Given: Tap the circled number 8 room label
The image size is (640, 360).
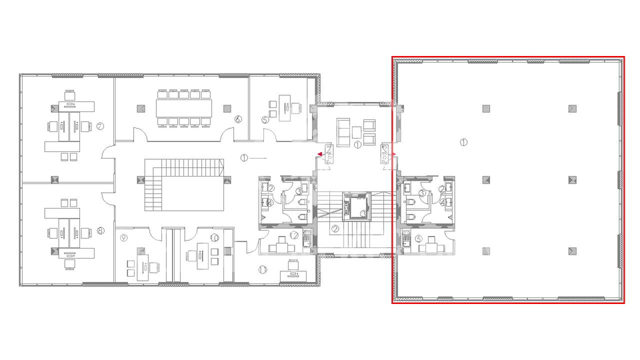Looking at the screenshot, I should [x=101, y=231].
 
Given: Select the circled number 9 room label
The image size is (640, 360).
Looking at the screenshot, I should [x=123, y=237].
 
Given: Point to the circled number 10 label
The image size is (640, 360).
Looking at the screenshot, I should [x=215, y=237].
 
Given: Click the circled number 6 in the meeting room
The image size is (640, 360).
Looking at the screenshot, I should [x=238, y=119].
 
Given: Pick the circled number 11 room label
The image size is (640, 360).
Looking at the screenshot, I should [x=263, y=269].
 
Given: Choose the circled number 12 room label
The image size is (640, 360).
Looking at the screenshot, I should [x=294, y=235].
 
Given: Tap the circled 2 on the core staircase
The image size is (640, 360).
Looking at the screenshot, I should [x=335, y=229].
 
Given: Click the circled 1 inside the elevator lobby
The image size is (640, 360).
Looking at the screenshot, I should [x=357, y=144].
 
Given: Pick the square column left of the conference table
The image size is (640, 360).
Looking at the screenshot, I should [x=141, y=107].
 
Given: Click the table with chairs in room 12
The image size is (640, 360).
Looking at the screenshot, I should [x=281, y=247].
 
